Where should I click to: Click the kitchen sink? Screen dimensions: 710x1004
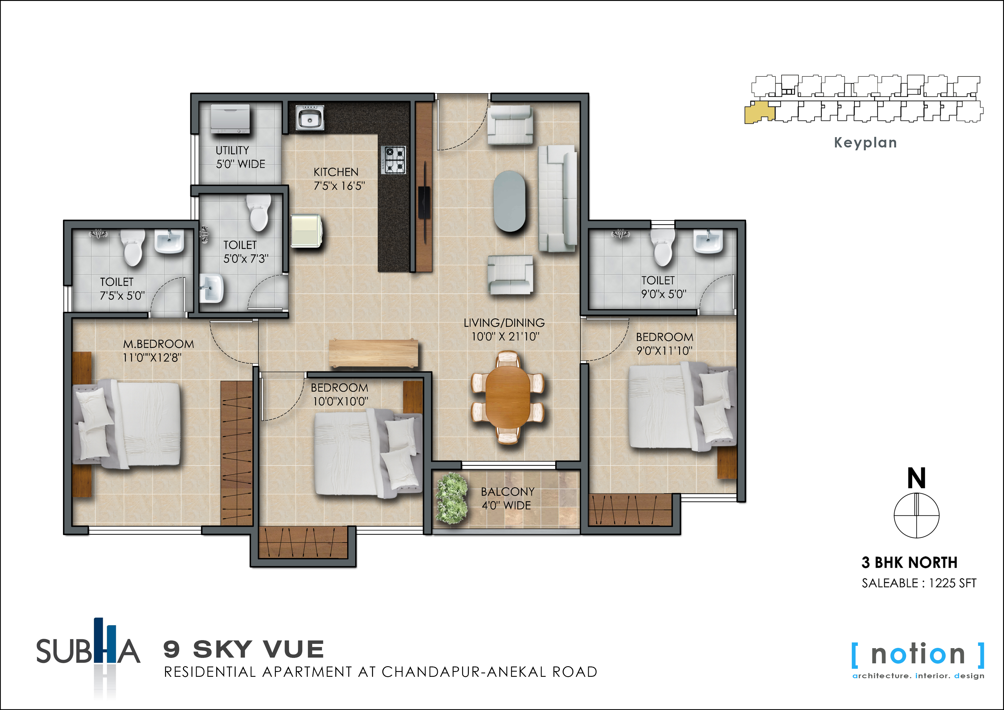tap(310, 118)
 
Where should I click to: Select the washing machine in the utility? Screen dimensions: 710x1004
tap(230, 118)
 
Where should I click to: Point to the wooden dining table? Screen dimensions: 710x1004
tap(508, 396)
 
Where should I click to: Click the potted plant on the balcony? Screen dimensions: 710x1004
tap(452, 498)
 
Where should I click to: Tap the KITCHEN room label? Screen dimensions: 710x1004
tap(336, 172)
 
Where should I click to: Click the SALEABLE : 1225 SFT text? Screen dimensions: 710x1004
tap(919, 583)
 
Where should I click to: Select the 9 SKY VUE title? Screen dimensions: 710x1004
tap(244, 649)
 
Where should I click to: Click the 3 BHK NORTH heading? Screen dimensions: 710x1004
tap(910, 563)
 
